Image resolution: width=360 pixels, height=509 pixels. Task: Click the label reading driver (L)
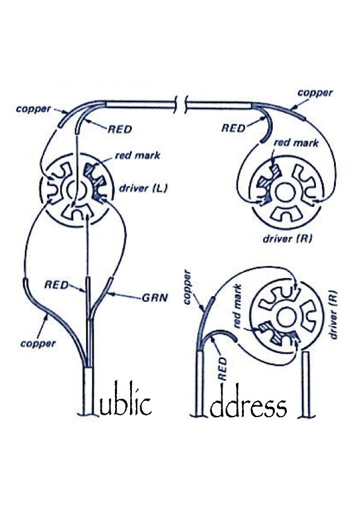click(x=143, y=188)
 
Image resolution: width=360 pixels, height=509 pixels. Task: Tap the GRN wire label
click(x=155, y=297)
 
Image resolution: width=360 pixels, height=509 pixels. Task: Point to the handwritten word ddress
click(x=249, y=401)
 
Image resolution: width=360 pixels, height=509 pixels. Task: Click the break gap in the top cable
click(x=181, y=106)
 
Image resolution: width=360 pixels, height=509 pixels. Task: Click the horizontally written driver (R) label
click(x=287, y=239)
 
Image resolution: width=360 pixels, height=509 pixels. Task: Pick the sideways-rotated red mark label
click(x=237, y=306)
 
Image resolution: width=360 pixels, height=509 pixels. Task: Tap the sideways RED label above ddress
click(x=222, y=369)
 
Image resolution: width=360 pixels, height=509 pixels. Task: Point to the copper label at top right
click(x=315, y=93)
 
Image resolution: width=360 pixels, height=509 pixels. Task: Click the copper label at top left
click(x=33, y=109)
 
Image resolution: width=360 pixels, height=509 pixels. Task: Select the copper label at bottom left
click(x=38, y=343)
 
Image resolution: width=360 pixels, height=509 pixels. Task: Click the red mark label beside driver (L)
click(x=137, y=155)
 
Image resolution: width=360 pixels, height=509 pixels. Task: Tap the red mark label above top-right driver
click(x=296, y=143)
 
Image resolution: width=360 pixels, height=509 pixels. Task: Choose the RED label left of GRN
click(x=56, y=285)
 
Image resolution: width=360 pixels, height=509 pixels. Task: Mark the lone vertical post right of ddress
click(x=306, y=384)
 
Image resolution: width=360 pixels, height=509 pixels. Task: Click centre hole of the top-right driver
click(x=284, y=192)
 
